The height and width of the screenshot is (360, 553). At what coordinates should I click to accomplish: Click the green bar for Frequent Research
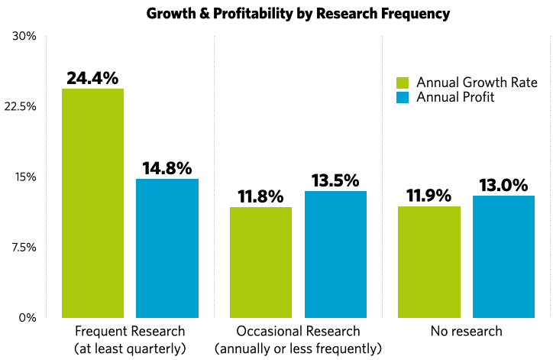[92, 203]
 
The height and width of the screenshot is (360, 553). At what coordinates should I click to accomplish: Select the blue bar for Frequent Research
[167, 248]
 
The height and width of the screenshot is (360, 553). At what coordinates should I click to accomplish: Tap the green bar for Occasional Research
[260, 261]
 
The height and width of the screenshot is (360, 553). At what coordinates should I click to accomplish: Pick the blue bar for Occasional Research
[335, 254]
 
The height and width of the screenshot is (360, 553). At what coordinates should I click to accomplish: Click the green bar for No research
[428, 261]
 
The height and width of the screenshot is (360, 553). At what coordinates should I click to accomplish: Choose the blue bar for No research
[503, 256]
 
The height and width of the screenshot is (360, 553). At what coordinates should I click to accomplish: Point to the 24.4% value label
[92, 78]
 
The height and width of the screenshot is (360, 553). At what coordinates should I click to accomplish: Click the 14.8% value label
[167, 168]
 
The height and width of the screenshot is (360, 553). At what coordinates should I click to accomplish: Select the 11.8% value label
[260, 196]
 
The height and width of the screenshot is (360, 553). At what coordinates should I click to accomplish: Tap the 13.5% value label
[335, 180]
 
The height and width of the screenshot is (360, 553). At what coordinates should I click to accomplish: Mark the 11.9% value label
[428, 196]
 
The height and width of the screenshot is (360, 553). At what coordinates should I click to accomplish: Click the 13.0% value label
[503, 185]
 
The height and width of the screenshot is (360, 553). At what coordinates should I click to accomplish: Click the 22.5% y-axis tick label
[21, 106]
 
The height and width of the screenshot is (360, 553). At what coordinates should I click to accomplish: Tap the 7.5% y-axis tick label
[23, 247]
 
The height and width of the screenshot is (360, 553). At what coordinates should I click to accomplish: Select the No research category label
[466, 331]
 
